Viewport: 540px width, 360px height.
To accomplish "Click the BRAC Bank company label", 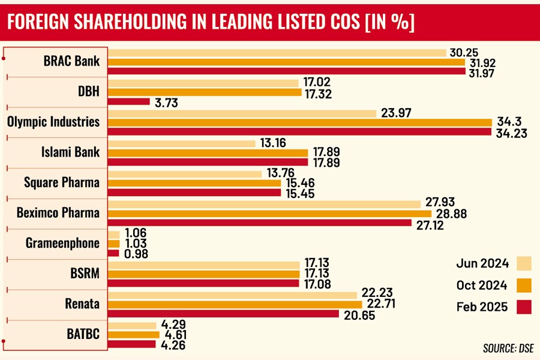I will coord(71,61).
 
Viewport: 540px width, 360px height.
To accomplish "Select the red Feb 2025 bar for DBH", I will coord(128,101).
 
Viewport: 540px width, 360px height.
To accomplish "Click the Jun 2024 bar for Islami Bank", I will coord(177,143).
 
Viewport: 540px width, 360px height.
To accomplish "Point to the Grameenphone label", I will coord(63,243).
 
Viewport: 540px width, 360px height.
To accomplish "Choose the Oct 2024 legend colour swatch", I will coord(524,285).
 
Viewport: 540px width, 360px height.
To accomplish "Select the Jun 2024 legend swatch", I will coord(524,263).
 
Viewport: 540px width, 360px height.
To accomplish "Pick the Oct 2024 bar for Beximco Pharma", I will coord(269,214).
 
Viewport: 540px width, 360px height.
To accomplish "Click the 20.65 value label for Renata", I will coord(359,314).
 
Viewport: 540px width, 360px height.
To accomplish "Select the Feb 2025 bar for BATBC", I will coord(131,344).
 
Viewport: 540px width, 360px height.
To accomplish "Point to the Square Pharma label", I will coord(62,182).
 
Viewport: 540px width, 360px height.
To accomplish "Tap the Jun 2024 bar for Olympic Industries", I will coord(242,113).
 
